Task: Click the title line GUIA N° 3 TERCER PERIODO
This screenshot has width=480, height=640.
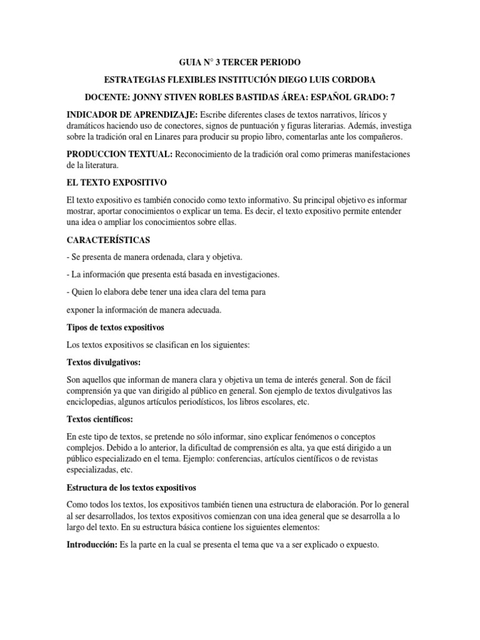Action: [x=239, y=63]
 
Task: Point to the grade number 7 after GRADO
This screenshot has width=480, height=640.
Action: [x=392, y=98]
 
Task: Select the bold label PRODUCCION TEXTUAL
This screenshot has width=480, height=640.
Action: [x=121, y=154]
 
